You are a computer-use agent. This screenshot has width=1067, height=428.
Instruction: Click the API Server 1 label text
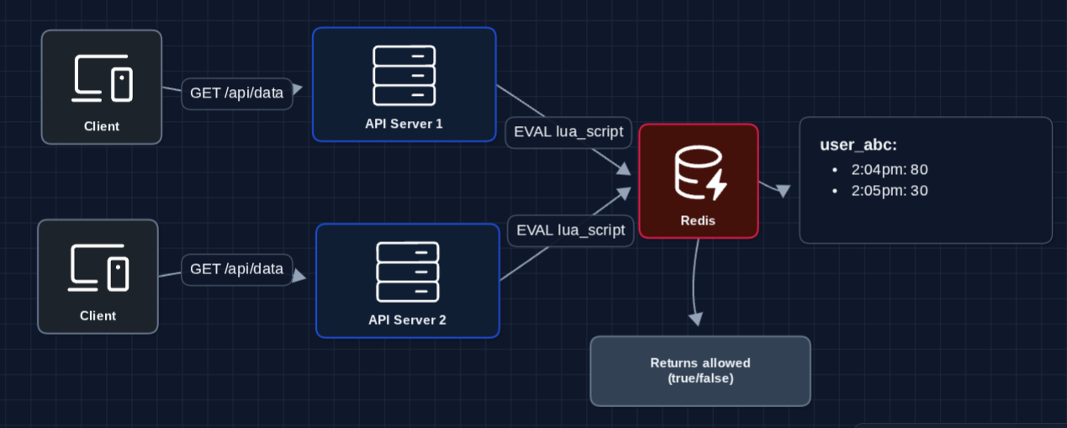[x=404, y=124]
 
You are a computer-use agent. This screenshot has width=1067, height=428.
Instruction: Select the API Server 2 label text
[x=407, y=320]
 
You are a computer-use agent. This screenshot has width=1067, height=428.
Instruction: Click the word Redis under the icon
[x=699, y=219]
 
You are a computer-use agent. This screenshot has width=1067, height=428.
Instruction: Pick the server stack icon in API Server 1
[x=404, y=75]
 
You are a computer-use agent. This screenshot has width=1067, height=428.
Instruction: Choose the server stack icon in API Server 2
[x=408, y=272]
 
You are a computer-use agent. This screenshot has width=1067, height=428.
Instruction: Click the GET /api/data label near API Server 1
[x=238, y=93]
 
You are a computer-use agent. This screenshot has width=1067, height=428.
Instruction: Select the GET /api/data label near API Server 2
[x=237, y=269]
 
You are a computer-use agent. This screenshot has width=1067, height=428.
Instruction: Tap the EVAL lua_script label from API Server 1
[x=568, y=132]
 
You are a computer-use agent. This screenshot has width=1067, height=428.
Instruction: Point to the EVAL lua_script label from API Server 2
[x=571, y=230]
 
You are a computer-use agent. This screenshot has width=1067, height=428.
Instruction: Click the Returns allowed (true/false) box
[x=700, y=371]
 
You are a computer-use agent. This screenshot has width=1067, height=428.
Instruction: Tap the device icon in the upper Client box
[x=103, y=78]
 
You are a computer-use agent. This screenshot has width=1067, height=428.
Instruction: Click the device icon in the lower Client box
[x=98, y=267]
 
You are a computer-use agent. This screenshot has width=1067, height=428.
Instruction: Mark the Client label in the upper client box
[x=102, y=126]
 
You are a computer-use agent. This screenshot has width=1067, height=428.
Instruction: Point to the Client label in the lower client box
[x=98, y=315]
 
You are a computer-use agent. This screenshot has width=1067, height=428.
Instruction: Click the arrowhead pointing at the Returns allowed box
[x=695, y=318]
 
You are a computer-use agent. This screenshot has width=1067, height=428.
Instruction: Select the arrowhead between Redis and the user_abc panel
[x=783, y=191]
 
